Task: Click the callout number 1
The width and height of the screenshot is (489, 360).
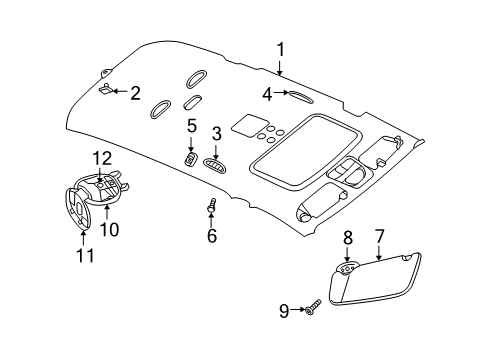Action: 281,49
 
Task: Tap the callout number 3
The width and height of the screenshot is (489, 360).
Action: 216,133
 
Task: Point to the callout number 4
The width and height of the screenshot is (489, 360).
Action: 267,95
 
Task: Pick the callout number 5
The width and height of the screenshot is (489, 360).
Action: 191,126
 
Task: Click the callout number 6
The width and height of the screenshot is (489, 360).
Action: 211,236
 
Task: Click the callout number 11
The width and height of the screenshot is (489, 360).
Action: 86,256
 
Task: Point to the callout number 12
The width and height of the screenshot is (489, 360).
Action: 101,157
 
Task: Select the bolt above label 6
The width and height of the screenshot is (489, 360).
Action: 212,207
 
